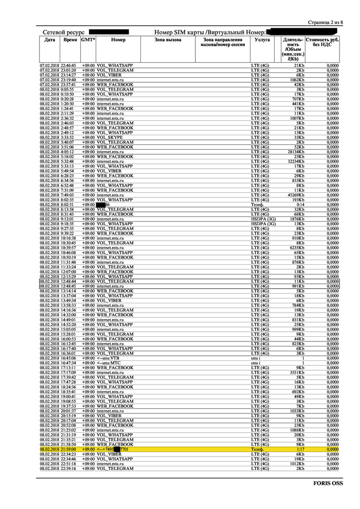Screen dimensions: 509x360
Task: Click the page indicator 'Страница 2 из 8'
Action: (324, 23)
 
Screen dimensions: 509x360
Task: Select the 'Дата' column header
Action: (49, 40)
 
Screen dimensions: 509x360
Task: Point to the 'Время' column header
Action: (70, 40)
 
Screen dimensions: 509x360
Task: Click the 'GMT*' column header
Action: (88, 40)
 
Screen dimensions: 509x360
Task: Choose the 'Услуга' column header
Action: (262, 40)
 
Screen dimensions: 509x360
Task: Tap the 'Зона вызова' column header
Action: (168, 40)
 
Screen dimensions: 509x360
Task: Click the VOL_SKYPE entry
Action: (115, 138)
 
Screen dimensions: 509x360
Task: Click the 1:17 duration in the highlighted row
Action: (300, 449)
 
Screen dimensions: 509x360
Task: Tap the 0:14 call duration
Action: (300, 205)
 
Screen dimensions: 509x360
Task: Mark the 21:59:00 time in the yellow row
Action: (69, 449)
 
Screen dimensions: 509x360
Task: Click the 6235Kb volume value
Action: (295, 248)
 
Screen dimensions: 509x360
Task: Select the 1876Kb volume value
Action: (295, 219)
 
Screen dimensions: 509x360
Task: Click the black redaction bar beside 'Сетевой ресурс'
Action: (109, 32)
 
